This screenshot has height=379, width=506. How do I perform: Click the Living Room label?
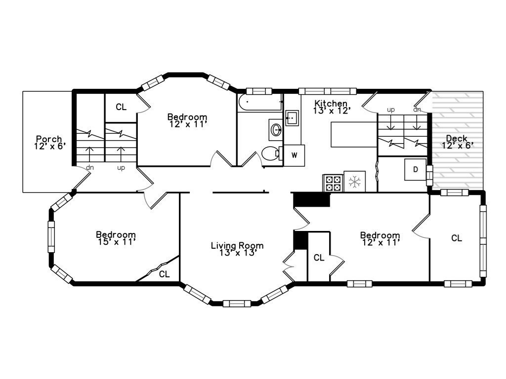(237, 246)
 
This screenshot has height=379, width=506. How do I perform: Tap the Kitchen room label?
(332, 104)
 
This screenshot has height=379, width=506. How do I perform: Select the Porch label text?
(49, 139)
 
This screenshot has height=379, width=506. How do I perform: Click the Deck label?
(457, 139)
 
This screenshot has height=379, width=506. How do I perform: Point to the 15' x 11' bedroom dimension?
(116, 242)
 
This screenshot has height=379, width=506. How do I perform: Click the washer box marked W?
(294, 155)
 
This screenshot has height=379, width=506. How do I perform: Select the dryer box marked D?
(416, 170)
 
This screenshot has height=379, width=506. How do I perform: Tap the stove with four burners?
(332, 183)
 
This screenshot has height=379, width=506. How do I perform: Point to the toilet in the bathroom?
(270, 153)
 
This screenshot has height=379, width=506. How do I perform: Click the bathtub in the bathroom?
(260, 103)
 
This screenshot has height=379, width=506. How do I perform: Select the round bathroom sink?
(276, 130)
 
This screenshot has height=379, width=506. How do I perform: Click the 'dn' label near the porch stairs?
(90, 168)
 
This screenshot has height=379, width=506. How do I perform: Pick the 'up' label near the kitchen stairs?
(391, 110)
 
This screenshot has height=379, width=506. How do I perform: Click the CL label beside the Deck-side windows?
(457, 238)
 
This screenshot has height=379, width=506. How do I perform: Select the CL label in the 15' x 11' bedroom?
(165, 274)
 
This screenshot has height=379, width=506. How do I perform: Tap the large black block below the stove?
(311, 200)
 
